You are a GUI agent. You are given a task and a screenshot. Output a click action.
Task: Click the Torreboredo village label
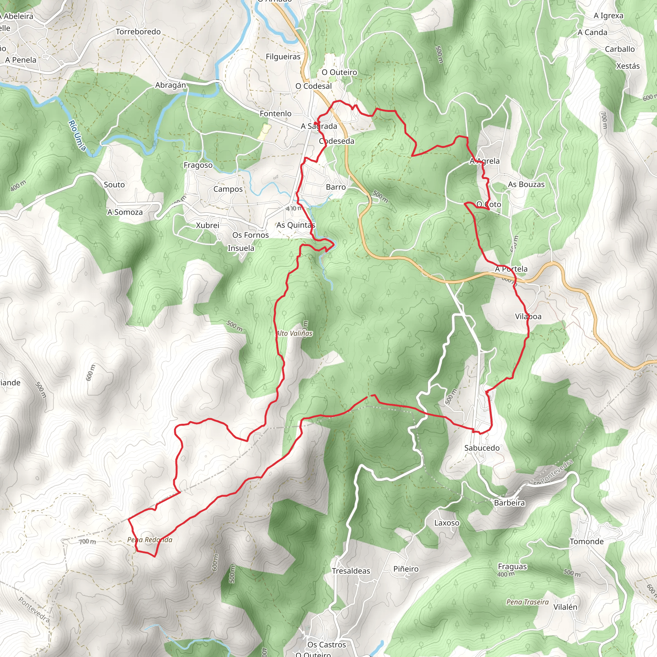(138, 32)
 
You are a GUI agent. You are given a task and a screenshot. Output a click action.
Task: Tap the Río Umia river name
(77, 135)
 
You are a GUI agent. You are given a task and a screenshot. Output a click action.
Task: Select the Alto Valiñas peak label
(294, 334)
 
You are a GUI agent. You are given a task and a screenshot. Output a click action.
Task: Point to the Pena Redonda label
(149, 540)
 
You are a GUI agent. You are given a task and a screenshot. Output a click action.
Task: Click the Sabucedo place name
(482, 448)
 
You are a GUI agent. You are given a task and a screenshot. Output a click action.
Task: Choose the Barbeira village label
(509, 503)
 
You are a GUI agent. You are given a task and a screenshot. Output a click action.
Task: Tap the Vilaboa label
(528, 316)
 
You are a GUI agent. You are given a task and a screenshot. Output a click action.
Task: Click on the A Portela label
(511, 269)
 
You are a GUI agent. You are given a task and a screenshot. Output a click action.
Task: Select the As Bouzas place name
(526, 184)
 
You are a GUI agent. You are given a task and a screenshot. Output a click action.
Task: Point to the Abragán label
(170, 85)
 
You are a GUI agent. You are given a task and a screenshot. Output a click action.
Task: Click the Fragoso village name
(198, 165)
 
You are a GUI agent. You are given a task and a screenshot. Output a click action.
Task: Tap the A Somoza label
(125, 212)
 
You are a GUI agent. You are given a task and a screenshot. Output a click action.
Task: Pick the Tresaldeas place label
(351, 571)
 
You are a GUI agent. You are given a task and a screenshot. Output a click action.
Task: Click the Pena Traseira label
(527, 602)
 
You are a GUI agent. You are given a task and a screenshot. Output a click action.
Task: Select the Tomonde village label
(587, 542)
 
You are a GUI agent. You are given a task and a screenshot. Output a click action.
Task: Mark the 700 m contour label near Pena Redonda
(87, 542)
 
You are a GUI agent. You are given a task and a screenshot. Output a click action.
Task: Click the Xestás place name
(628, 66)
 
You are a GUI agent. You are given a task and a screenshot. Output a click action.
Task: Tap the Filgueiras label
(283, 56)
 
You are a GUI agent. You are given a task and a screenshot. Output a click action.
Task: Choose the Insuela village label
(241, 248)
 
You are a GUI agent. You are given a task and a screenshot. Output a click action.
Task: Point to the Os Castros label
(327, 645)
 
